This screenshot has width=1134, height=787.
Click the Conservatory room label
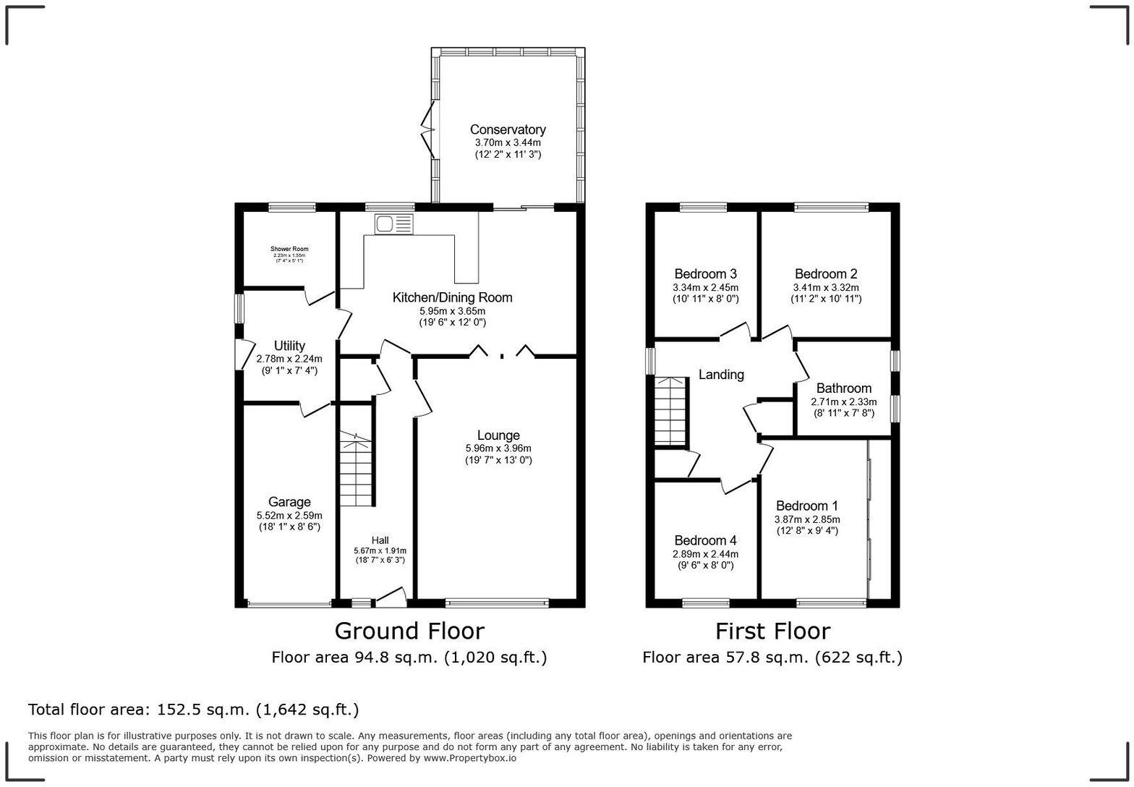pos(508,129)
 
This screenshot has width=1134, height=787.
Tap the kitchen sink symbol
pos(393,224)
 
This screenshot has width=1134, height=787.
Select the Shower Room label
pos(289,249)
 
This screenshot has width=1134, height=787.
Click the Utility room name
pos(289,346)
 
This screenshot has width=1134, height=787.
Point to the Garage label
pos(289,502)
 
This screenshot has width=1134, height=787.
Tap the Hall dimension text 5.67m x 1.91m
pos(380,550)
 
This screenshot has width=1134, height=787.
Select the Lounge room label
pos(498,435)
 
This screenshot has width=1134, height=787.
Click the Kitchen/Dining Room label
pos(452,297)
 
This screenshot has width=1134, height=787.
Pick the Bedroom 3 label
pos(705,274)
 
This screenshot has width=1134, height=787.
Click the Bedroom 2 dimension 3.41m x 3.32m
pos(826,287)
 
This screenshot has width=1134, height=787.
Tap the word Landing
pos(721,375)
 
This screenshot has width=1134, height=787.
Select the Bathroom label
pos(843,388)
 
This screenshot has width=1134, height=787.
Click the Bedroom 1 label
pos(807,506)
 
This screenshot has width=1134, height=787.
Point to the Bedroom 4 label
pos(705,540)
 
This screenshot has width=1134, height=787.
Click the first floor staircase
pos(670,411)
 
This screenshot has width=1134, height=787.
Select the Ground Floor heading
pos(409,631)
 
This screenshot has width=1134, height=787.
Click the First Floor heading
pos(772,631)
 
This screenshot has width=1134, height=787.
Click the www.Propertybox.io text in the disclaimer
pos(469,758)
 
